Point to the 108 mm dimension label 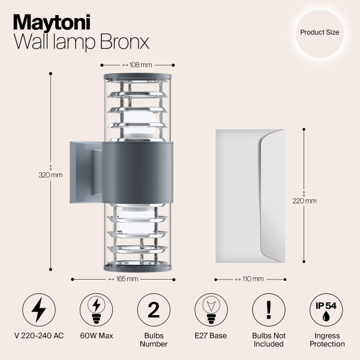pos(137,64)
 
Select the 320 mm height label pos(50,175)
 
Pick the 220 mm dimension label pos(304,200)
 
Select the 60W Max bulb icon pos(96,310)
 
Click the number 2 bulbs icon pos(153,310)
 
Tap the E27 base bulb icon pos(211,310)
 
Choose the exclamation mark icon pos(268,310)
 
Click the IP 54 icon pos(326,310)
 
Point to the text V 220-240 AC pos(39,335)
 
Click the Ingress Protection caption pos(326,340)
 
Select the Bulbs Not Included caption pos(268,340)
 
